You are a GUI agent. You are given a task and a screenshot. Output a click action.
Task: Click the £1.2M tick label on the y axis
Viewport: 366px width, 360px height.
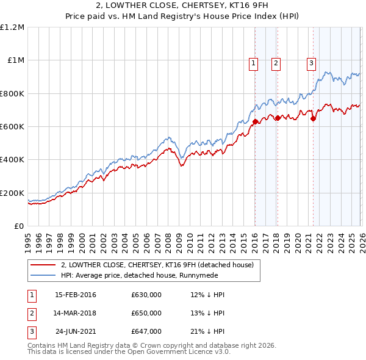click(x=12, y=27)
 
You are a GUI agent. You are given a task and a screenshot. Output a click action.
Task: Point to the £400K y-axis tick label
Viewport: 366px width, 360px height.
click(x=12, y=160)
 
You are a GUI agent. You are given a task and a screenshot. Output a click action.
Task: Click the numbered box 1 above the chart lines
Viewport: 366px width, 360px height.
click(x=253, y=62)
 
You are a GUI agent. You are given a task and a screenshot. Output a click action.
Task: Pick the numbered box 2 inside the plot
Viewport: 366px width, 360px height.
click(x=276, y=62)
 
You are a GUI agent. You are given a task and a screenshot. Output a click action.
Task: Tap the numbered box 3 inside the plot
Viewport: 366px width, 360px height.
click(x=311, y=62)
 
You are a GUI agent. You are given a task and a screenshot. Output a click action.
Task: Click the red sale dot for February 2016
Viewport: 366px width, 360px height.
click(x=255, y=122)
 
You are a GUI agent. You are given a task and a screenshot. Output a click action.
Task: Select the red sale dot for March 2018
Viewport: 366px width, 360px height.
click(x=278, y=118)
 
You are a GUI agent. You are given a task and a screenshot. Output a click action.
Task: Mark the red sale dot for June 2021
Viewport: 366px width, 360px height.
click(x=313, y=119)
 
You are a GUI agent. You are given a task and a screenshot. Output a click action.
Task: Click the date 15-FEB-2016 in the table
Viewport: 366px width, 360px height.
click(x=76, y=295)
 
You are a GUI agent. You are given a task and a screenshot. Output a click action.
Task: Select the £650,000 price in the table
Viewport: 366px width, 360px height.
click(x=146, y=313)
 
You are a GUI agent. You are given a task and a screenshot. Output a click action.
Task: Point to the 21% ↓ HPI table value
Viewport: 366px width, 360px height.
click(x=208, y=331)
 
